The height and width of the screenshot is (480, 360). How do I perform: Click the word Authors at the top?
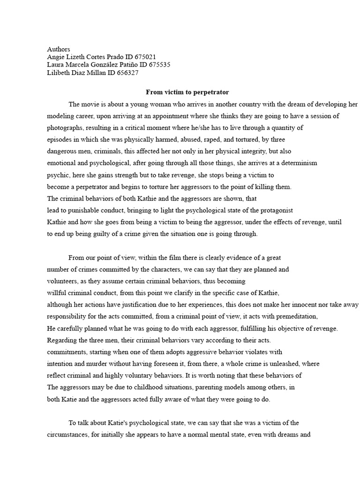[x=59, y=49]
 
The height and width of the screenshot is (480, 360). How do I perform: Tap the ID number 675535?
[x=159, y=65]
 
